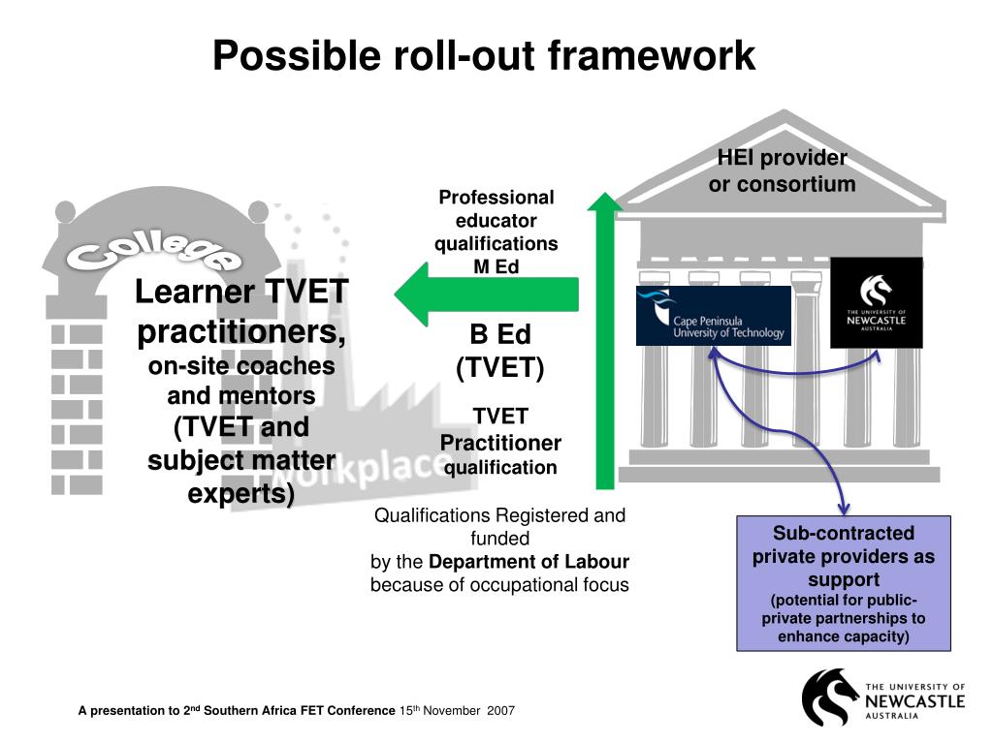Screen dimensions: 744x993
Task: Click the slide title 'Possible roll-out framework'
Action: pos(484,55)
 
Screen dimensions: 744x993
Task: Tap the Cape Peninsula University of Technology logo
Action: pos(713,316)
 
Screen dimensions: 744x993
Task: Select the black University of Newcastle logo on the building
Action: pos(876,301)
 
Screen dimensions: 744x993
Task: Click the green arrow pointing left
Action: pos(485,294)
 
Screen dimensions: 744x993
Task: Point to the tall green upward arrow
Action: pos(605,339)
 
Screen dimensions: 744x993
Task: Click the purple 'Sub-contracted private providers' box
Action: pos(843,583)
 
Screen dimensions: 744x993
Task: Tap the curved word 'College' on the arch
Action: pos(153,251)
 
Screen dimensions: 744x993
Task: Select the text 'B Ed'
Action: pos(500,335)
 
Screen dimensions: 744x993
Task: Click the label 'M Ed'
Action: pos(496,266)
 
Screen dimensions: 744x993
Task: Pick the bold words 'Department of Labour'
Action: pos(529,562)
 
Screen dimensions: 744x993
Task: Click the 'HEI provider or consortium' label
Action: pos(782,170)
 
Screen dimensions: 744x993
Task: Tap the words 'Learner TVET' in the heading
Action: pos(241,291)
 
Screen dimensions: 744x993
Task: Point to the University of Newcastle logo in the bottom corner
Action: pos(882,697)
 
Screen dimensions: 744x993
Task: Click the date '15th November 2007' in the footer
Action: pos(457,711)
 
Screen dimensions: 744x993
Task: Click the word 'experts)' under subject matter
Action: pos(240,494)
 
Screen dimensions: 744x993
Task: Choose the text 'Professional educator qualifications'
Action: pos(496,220)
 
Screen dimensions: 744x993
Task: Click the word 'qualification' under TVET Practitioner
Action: pos(500,468)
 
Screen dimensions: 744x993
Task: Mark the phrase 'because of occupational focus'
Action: pos(499,585)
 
